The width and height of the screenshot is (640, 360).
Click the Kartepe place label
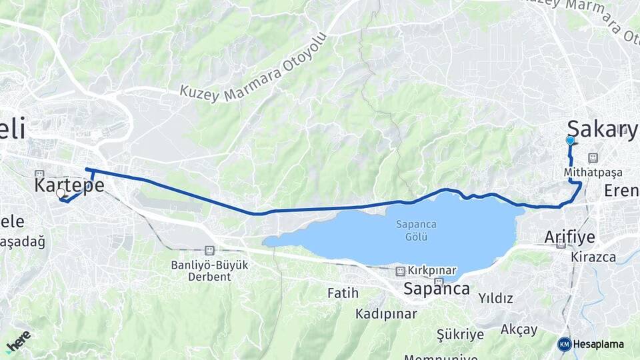click(69, 185)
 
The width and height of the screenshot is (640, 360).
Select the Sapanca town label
click(436, 289)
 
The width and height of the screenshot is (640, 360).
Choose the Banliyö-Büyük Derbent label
click(209, 271)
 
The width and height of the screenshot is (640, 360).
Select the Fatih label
click(343, 293)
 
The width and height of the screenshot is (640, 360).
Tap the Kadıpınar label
click(386, 313)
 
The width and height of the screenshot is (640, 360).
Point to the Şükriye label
click(460, 334)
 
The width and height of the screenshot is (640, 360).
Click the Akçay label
click(519, 329)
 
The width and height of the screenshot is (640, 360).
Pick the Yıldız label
click(496, 298)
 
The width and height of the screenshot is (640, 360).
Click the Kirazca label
click(593, 257)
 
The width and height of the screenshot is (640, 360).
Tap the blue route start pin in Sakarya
click(570, 141)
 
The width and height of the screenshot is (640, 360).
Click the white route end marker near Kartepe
click(61, 193)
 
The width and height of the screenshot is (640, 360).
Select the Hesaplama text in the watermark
click(598, 345)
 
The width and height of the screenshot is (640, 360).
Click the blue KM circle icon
click(565, 344)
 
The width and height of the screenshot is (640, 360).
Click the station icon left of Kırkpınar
click(400, 271)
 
